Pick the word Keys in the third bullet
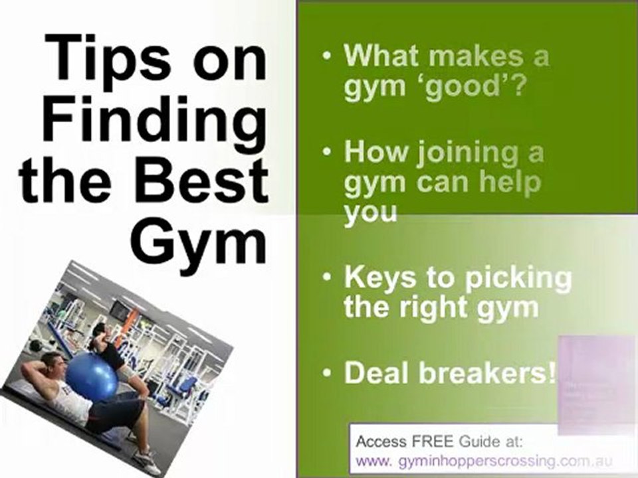pyautogui.click(x=376, y=278)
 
